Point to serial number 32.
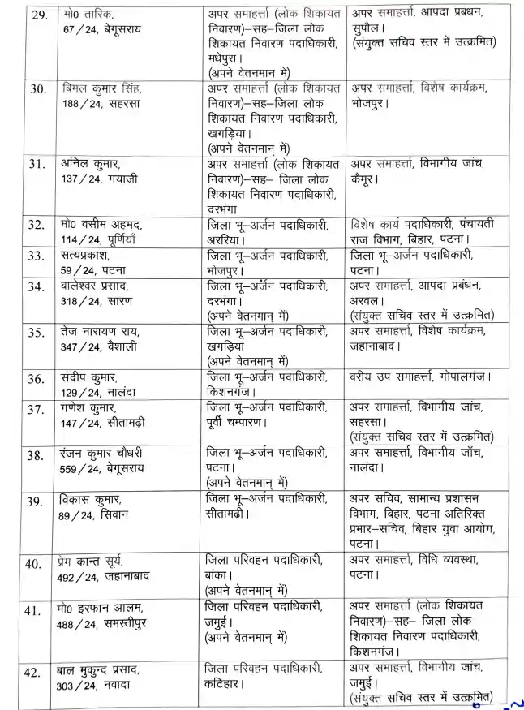pyautogui.click(x=35, y=224)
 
